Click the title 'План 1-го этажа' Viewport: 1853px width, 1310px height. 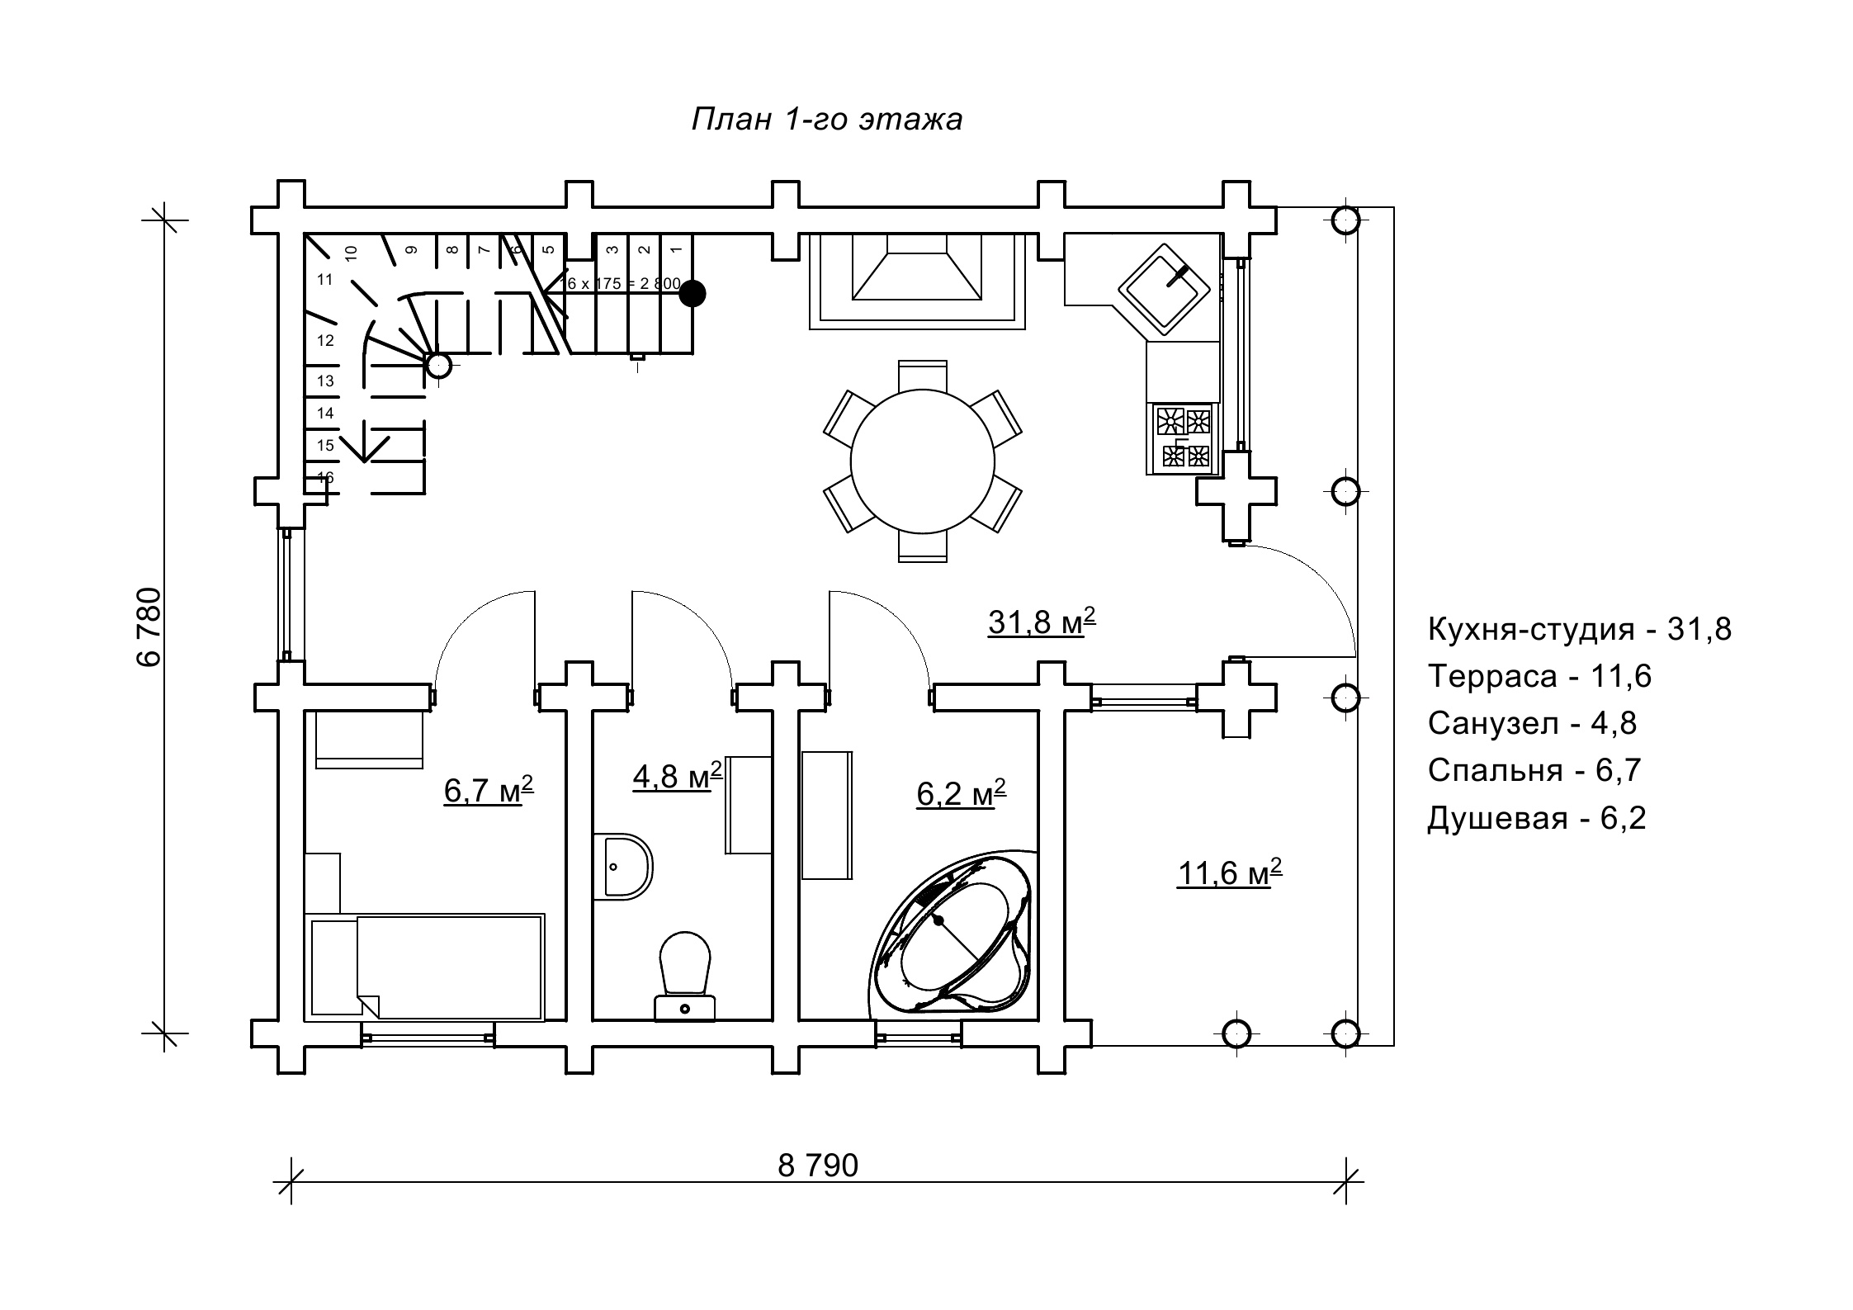coord(826,120)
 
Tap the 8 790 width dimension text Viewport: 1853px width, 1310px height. coord(818,1166)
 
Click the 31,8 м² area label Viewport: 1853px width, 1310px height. coord(1041,622)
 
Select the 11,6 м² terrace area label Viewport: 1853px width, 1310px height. coord(1229,873)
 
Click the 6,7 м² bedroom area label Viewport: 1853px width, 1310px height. coord(488,790)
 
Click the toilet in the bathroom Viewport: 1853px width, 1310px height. coord(685,975)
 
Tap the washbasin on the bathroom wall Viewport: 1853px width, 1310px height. coord(623,866)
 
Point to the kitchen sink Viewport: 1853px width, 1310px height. coord(1164,289)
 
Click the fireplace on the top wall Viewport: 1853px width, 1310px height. coord(917,281)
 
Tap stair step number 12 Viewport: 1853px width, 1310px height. coord(325,340)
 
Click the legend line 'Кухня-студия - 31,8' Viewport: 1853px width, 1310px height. coord(1579,630)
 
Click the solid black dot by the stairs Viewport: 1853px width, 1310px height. coord(693,293)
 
